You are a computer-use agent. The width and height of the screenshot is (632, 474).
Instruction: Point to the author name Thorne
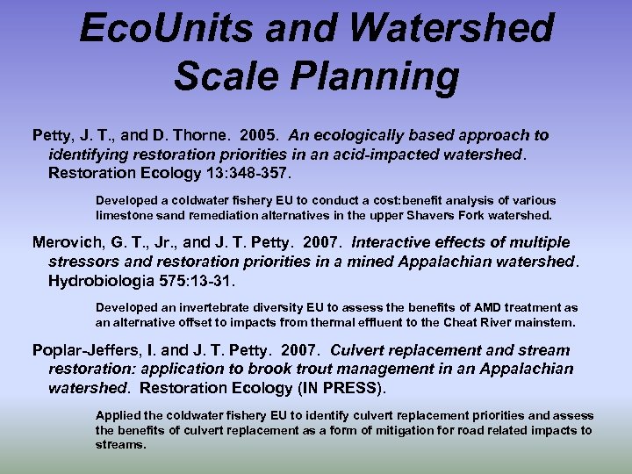[211, 135]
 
